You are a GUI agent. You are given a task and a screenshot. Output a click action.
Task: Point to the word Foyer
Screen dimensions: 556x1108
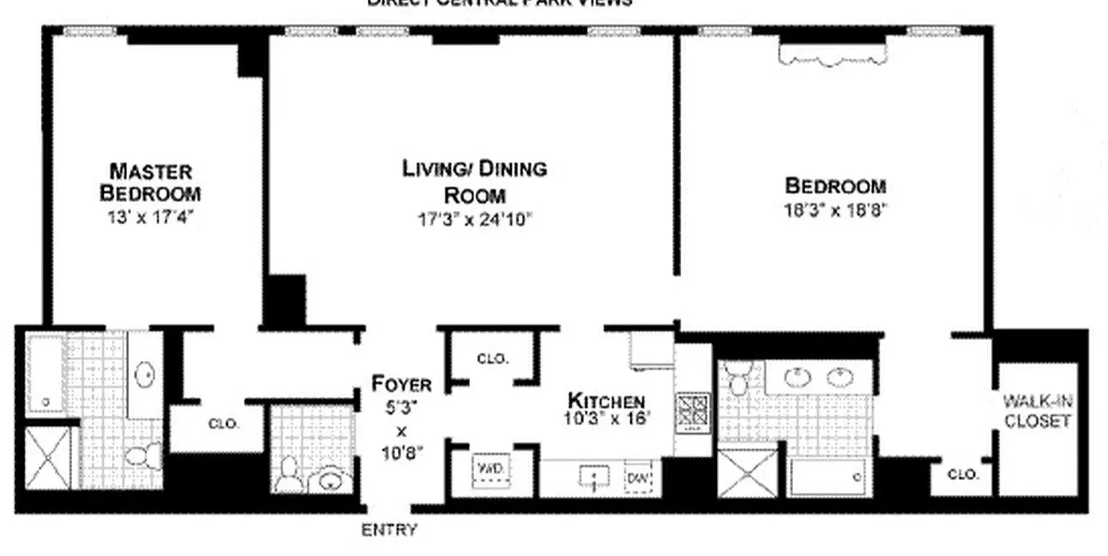(x=401, y=384)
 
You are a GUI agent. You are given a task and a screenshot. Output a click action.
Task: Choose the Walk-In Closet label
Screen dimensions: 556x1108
(x=1037, y=411)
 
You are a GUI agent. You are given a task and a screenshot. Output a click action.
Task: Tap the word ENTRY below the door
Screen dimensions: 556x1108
(x=389, y=529)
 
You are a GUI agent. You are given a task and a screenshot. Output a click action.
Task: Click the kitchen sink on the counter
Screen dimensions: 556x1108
(x=594, y=478)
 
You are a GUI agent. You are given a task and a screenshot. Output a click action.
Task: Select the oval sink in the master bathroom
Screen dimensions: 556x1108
(x=145, y=375)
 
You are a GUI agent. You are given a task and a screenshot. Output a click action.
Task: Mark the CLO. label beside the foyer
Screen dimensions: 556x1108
(x=492, y=359)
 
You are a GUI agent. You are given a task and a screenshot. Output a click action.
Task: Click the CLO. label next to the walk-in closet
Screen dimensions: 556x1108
(x=963, y=474)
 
